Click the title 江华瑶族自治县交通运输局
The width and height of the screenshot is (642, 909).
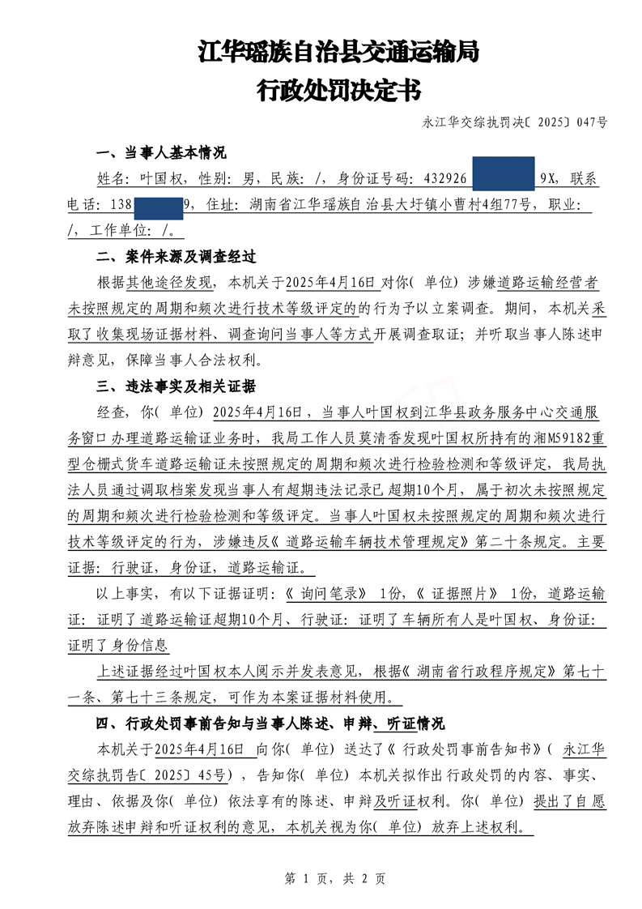coord(338,53)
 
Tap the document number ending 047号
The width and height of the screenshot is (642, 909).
coord(515,122)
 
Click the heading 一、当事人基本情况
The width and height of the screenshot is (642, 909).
coord(161,154)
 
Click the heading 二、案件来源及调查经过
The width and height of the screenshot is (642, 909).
coord(176,257)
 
